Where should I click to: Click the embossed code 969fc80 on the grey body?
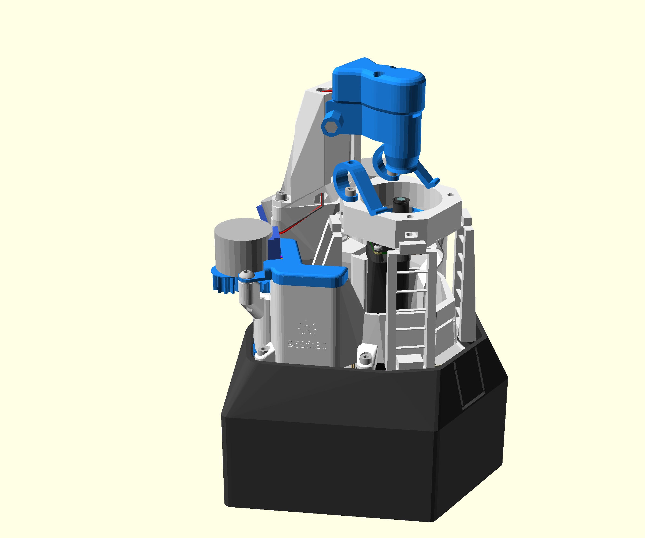(307, 344)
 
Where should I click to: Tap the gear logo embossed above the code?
(307, 328)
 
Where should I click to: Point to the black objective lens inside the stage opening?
(400, 204)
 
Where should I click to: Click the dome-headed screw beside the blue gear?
(246, 275)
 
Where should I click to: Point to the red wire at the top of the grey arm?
(328, 91)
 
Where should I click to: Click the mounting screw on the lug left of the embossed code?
(264, 349)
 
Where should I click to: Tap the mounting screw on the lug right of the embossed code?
(365, 357)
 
